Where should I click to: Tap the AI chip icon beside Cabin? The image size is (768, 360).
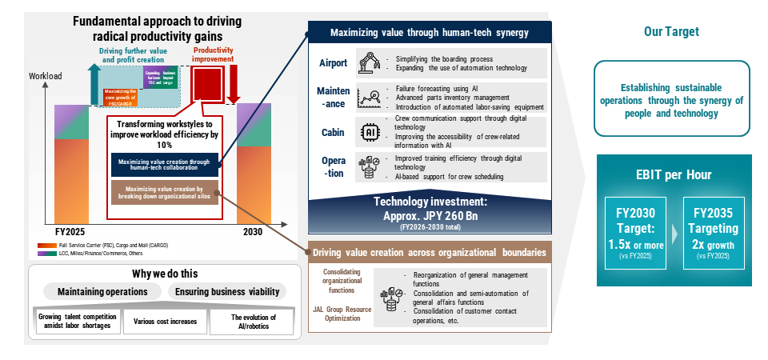pyautogui.click(x=370, y=131)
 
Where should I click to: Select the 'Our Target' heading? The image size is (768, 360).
pyautogui.click(x=671, y=32)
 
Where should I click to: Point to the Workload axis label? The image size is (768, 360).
pyautogui.click(x=45, y=76)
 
